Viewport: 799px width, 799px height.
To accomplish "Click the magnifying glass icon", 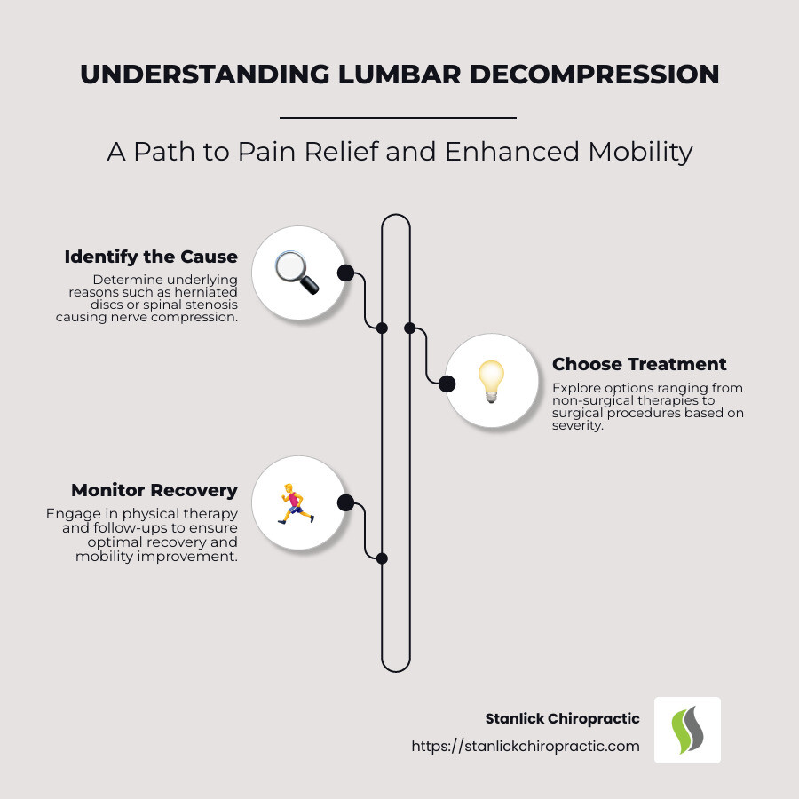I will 297,273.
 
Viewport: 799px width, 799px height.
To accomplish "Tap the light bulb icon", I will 490,384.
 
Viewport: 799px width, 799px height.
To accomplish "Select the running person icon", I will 297,503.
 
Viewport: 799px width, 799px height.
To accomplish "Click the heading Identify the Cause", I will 151,257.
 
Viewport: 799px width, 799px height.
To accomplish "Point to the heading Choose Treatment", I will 639,364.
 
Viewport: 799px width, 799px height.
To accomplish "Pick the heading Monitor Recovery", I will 154,490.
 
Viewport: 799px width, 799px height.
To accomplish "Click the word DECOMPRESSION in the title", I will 594,75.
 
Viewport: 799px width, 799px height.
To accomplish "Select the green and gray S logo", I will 687,730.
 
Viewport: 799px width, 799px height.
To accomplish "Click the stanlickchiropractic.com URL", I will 525,747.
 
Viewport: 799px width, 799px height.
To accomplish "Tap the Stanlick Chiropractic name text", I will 562,718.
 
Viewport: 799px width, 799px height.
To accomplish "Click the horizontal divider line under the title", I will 398,117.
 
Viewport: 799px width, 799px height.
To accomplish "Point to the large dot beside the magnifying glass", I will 346,273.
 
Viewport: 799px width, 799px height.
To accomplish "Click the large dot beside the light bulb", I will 447,384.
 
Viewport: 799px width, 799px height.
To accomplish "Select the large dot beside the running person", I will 346,503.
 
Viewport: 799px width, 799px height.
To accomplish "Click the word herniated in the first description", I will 207,291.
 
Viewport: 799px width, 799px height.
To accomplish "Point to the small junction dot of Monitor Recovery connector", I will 382,558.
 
